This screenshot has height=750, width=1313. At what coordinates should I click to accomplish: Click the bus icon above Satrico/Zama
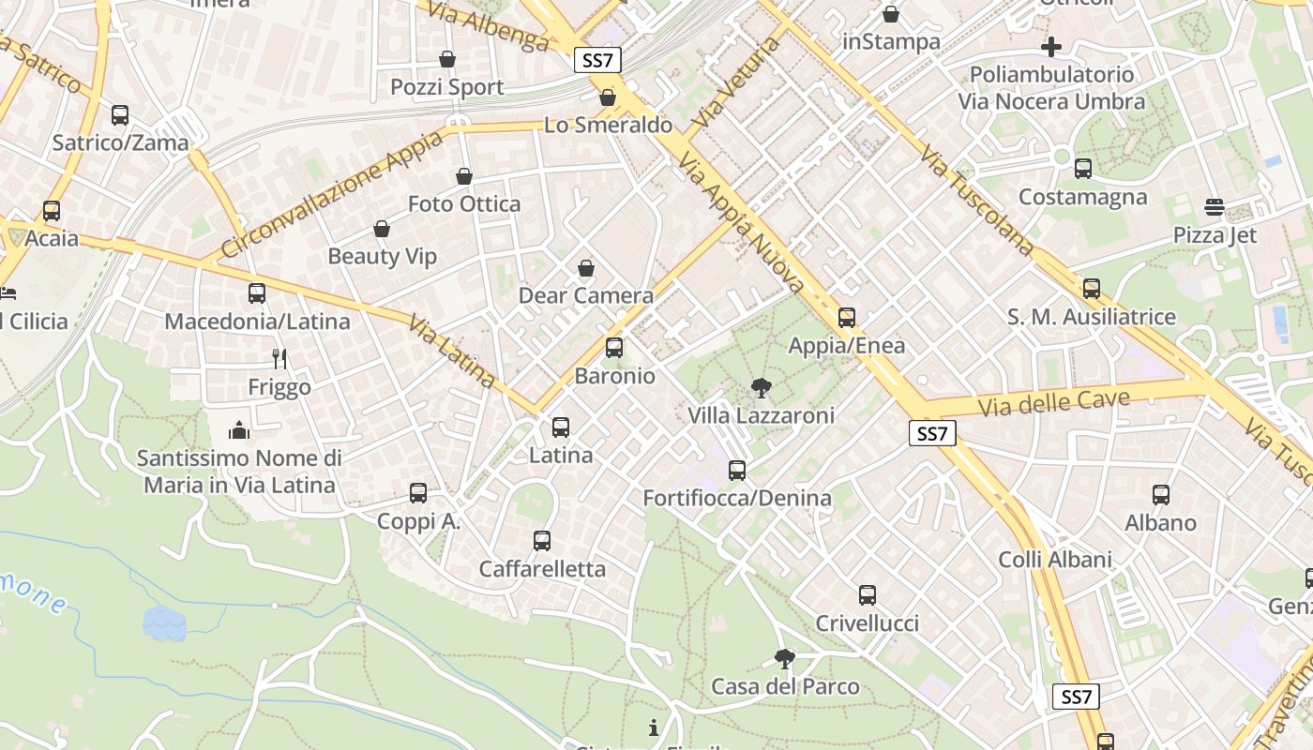pos(120,115)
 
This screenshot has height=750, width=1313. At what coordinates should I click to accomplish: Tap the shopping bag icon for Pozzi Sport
pos(447,59)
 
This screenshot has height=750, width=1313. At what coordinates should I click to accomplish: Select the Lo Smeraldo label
pos(608,125)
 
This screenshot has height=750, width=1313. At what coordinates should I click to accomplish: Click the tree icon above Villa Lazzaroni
pos(761,387)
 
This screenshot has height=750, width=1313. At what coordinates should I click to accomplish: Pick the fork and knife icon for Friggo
pos(279,358)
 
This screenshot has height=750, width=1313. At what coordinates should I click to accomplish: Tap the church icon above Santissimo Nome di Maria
pos(239,430)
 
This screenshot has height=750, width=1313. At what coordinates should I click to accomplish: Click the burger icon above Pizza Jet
pos(1215,206)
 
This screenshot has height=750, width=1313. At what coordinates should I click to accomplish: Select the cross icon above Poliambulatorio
pos(1051,46)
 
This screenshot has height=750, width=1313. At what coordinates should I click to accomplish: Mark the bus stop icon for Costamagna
pos(1083,169)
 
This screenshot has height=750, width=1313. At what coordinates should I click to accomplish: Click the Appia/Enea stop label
pos(847,346)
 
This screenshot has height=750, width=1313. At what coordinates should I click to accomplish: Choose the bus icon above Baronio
pos(614,348)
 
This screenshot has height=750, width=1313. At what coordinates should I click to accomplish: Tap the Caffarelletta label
pos(542,569)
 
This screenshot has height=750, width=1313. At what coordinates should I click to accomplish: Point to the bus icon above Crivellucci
pos(868,595)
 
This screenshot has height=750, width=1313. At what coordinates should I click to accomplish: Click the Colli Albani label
pos(1055,560)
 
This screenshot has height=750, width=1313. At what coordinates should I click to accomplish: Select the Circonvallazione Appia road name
pos(333,195)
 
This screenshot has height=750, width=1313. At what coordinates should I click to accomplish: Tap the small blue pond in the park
pos(164,622)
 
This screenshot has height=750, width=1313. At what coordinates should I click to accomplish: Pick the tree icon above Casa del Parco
pos(785,659)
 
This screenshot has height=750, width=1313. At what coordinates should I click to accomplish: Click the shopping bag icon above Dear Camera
pos(586,269)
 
